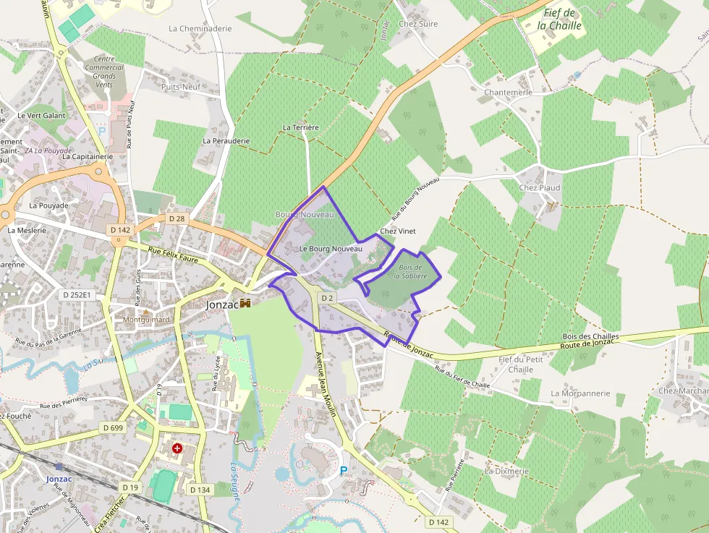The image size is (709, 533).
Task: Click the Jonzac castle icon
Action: tap(245, 304)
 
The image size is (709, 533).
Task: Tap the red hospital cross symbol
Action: tap(177, 449)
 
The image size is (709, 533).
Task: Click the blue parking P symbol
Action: tap(344, 471)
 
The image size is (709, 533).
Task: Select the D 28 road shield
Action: tap(177, 218)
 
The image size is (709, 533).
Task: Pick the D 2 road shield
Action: tap(327, 298)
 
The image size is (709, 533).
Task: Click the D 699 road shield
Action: tap(114, 427)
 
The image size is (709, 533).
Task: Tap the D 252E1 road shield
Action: tap(77, 295)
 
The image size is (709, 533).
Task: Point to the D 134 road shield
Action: tap(200, 490)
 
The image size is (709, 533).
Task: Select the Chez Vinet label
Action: tap(398, 231)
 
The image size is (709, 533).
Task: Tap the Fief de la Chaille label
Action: tap(560, 19)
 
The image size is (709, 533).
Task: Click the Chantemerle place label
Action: tap(508, 93)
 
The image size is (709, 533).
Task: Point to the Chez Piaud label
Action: tap(540, 188)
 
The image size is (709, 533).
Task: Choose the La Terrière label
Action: tap(301, 127)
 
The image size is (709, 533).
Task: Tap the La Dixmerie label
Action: tap(507, 471)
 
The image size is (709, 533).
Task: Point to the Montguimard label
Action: tap(147, 320)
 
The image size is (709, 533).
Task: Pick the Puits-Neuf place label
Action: tap(180, 87)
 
